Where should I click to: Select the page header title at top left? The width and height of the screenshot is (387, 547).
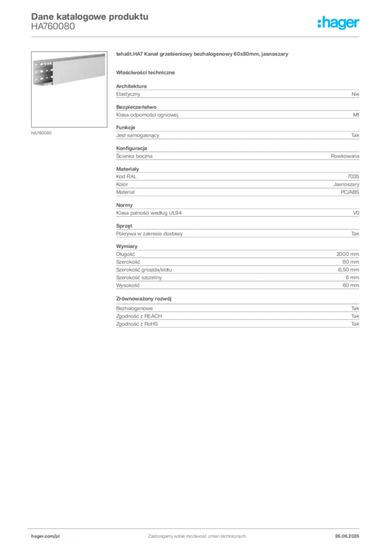pos(88,17)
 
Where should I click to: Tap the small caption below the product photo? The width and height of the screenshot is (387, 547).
pos(42,132)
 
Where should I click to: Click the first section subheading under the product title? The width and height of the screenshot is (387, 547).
pos(147,72)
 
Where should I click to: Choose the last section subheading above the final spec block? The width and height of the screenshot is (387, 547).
pos(144,297)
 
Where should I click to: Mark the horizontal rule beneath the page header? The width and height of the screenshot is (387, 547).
pos(196,36)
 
